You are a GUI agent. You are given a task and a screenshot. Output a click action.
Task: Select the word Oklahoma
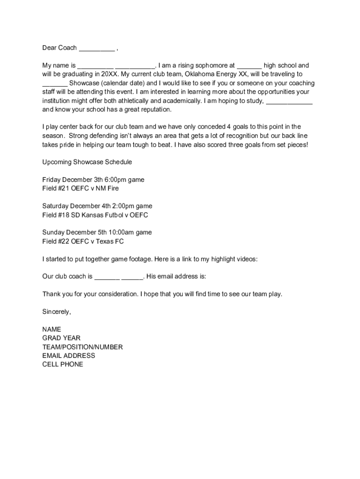tap(200, 74)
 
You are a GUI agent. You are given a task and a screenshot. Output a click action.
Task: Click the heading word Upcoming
tap(57, 162)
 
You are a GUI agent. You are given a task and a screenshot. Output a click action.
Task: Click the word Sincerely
tap(57, 312)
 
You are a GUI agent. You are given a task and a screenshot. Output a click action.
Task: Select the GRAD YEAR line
tap(61, 338)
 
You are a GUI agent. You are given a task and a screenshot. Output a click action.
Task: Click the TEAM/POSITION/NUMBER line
tap(83, 347)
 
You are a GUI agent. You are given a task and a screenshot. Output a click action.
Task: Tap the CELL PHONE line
tap(63, 364)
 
